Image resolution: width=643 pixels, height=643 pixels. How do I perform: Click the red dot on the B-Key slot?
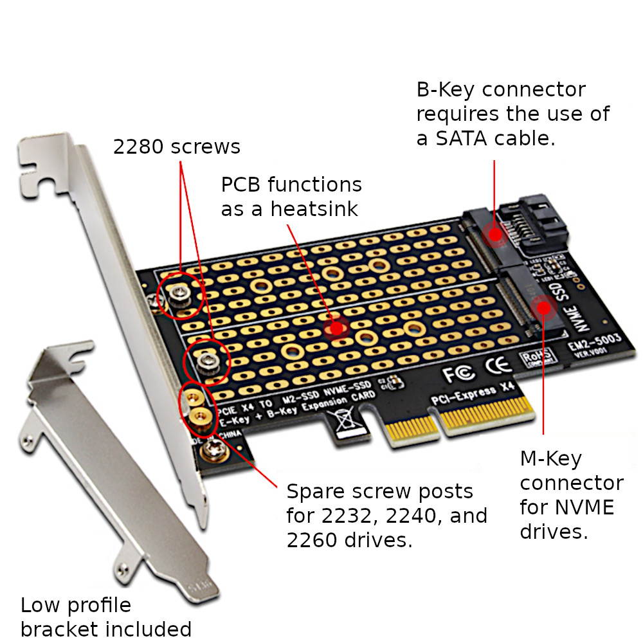494,233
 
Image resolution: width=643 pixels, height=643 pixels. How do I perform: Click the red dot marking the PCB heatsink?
335,329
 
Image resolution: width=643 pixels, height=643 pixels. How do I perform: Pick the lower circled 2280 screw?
206,363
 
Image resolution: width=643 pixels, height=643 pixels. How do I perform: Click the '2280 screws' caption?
176,147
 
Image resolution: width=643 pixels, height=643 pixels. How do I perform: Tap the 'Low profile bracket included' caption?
105,616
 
